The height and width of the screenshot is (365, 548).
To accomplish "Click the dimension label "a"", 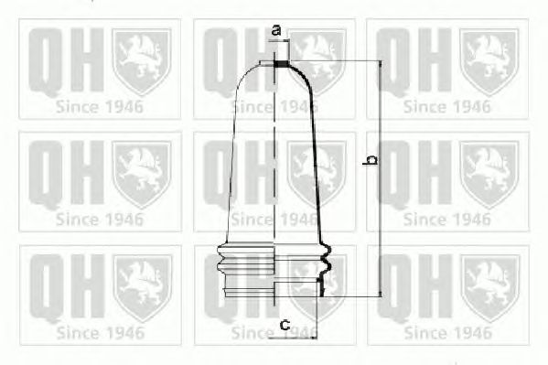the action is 276,30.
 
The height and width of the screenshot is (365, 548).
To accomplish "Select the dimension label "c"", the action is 285,325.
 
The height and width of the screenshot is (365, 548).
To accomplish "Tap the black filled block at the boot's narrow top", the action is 281,64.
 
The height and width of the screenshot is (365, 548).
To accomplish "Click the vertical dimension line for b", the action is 381,178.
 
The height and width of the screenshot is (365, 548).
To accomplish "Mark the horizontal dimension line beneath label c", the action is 293,338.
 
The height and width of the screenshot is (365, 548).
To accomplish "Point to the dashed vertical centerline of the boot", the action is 274,178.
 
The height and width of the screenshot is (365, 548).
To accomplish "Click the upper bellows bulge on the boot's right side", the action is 325,251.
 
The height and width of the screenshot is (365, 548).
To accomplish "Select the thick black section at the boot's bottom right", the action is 321,286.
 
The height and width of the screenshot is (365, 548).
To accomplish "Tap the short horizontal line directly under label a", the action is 279,41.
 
